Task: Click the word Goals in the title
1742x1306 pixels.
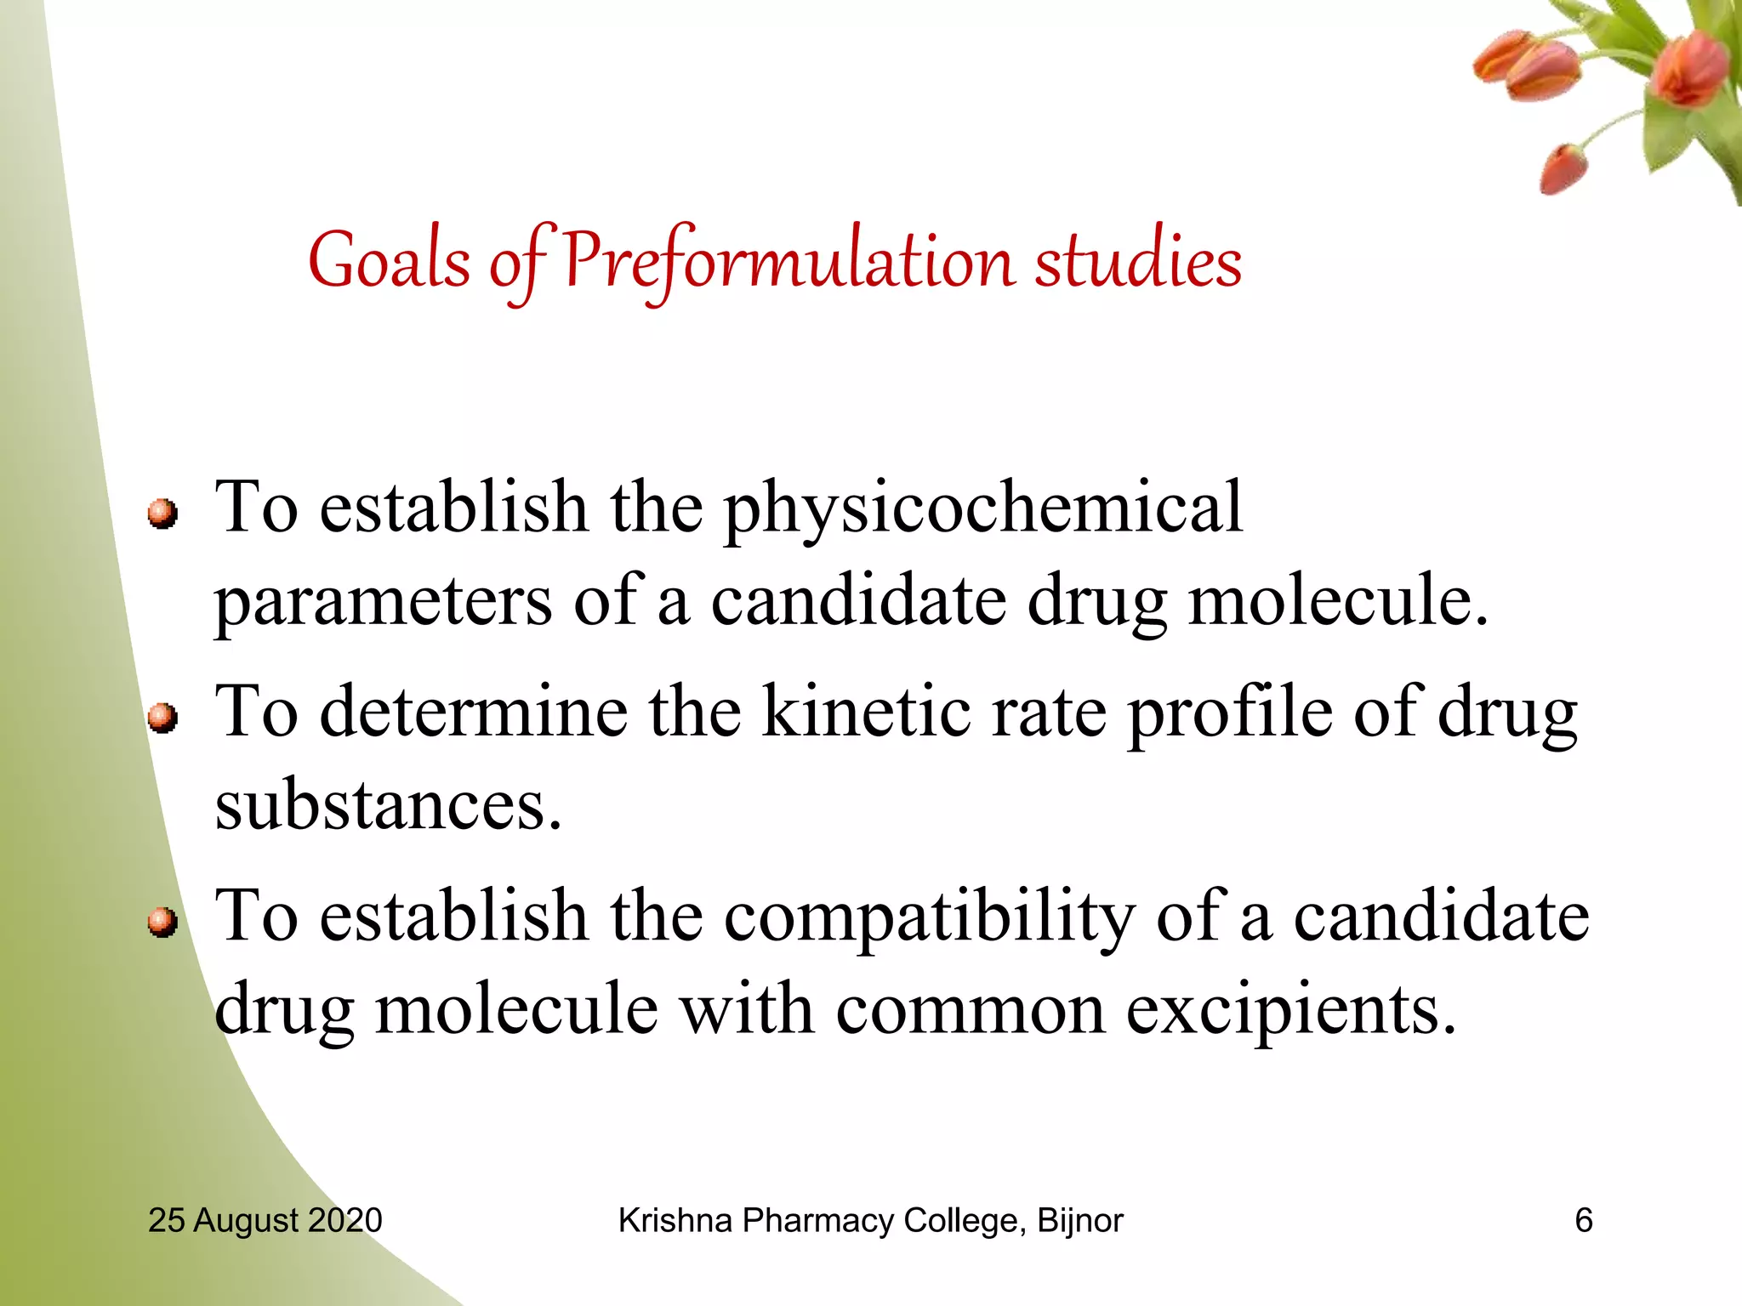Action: (389, 261)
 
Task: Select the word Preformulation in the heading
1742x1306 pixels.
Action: (788, 261)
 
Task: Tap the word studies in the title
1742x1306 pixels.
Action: (1138, 261)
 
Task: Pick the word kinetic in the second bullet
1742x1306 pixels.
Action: (866, 712)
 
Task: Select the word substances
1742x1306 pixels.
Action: (388, 806)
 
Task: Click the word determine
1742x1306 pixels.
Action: (474, 712)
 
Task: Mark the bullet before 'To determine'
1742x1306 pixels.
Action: (162, 718)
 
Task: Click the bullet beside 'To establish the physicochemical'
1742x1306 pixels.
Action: (162, 514)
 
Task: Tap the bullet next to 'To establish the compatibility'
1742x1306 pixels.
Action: (162, 923)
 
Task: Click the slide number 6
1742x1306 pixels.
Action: (1583, 1220)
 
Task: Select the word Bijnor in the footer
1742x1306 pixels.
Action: (1079, 1220)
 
